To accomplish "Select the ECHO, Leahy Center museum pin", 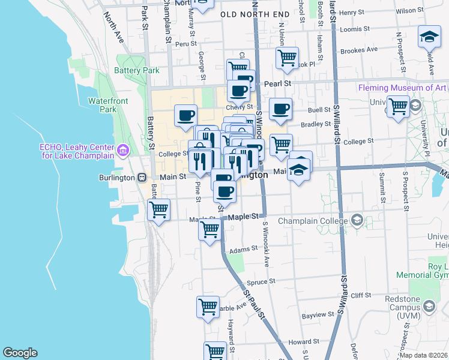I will (x=124, y=149).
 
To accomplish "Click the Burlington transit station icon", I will (x=142, y=177).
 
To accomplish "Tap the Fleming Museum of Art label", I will (x=402, y=88).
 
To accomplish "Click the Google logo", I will (x=20, y=353).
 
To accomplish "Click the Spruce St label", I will (x=263, y=280).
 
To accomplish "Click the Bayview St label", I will (x=318, y=314).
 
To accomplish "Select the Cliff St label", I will (x=362, y=295).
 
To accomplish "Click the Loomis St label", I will (x=353, y=28).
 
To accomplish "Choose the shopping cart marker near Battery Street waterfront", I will (x=158, y=210).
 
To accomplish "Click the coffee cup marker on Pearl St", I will (x=238, y=92).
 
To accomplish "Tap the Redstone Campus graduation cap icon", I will (x=429, y=307).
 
